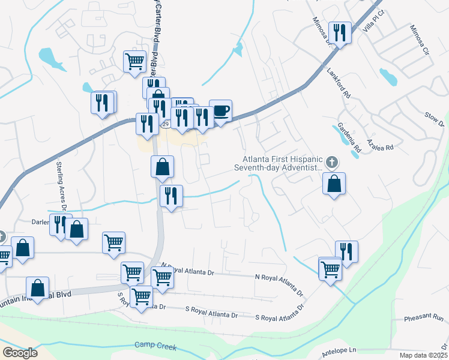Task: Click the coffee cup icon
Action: pos(221,111)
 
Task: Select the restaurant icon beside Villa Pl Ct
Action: pos(340,34)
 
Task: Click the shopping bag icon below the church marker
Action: pos(334,184)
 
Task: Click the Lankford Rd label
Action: pos(338,84)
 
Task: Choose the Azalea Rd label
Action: pos(381,147)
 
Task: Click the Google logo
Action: pos(20,353)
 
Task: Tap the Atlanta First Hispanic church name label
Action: pos(281,164)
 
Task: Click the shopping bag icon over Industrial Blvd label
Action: pos(37,288)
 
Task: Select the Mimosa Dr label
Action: pos(322,31)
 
